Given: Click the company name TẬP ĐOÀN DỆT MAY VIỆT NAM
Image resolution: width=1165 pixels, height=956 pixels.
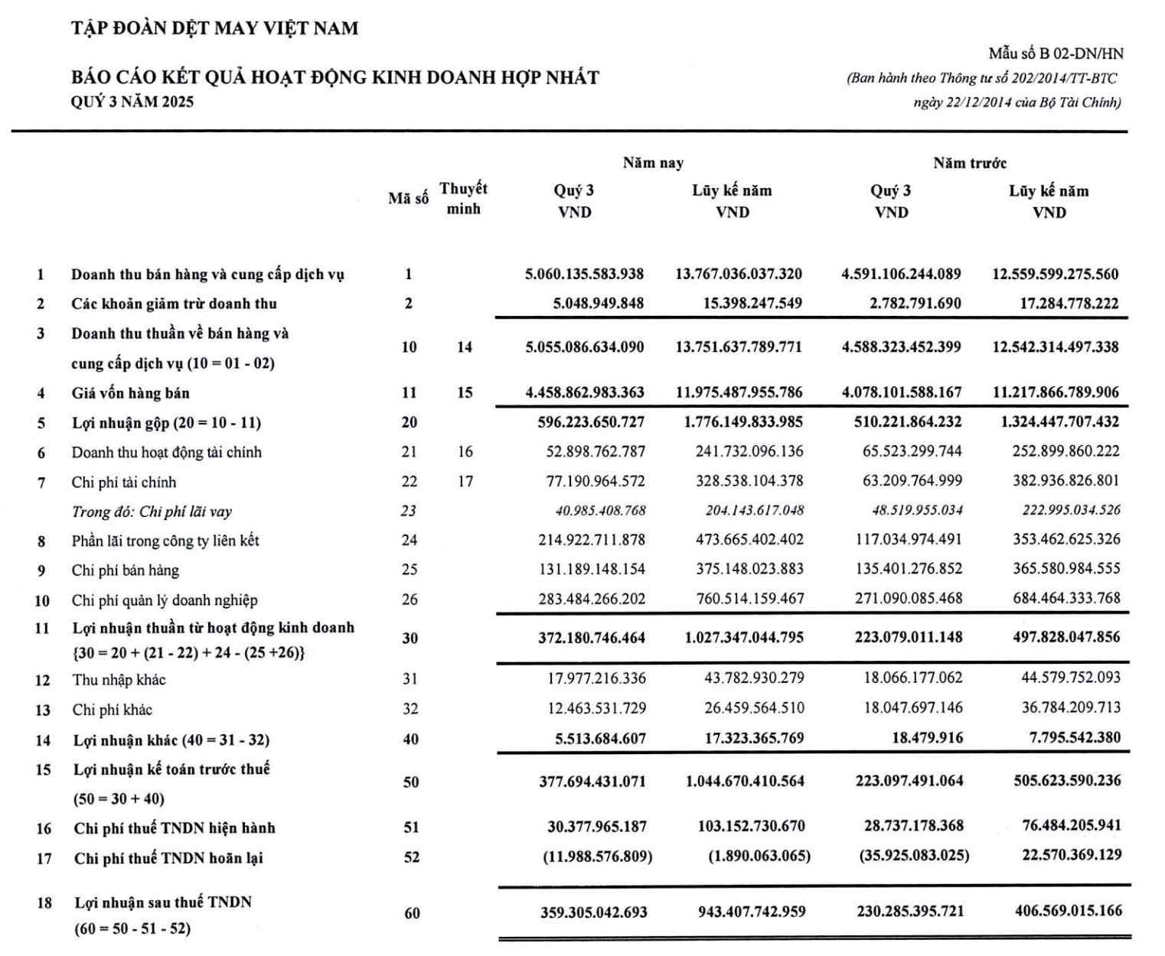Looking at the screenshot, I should [x=214, y=29].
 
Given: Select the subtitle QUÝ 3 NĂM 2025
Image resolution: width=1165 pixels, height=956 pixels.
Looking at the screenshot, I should [x=132, y=102].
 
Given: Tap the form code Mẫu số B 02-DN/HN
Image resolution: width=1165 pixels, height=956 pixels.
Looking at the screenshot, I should [x=1056, y=54].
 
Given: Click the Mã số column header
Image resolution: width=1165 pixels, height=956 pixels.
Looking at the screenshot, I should [x=408, y=199].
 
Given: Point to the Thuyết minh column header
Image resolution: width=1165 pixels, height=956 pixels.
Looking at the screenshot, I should [x=463, y=198].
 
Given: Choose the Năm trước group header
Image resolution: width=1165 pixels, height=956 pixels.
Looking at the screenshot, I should [x=969, y=163].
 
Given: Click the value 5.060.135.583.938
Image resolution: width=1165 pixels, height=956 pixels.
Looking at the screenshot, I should [x=584, y=274].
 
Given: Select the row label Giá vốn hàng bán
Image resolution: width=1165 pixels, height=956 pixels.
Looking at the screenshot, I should [x=130, y=393].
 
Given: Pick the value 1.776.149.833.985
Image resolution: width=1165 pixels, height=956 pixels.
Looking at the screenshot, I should [x=743, y=421].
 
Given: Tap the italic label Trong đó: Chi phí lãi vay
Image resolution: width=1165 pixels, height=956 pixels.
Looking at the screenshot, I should [x=152, y=512].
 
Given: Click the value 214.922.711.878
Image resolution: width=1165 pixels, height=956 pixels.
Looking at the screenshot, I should [x=591, y=540].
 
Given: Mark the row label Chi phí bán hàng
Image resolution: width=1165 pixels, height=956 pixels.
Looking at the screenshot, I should [x=126, y=571].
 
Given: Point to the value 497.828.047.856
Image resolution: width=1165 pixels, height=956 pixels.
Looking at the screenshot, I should [x=1066, y=637].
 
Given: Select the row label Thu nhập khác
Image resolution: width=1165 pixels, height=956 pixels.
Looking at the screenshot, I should [x=119, y=680].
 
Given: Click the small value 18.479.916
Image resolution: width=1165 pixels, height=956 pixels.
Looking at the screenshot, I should [x=927, y=738].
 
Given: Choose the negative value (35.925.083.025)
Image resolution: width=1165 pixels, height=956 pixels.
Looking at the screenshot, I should [x=914, y=855].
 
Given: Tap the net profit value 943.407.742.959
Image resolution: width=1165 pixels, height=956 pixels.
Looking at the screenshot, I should [x=752, y=912].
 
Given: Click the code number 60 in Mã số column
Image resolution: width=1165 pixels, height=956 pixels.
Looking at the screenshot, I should [x=412, y=913].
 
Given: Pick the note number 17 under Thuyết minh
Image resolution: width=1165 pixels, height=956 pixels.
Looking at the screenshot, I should [x=465, y=482].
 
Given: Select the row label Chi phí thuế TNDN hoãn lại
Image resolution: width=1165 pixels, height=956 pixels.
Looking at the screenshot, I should [x=168, y=858].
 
